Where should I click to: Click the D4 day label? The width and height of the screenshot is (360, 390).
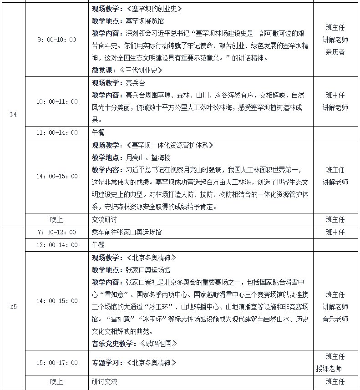[x=13, y=114]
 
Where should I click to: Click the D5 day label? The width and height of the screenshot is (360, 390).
[x=13, y=307]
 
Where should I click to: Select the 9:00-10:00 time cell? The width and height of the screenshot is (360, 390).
[x=56, y=40]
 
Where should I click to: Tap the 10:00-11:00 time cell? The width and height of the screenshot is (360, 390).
[x=56, y=101]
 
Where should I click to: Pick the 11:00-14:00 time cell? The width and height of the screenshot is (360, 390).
[x=56, y=132]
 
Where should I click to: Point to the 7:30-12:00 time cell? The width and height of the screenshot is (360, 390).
[x=56, y=232]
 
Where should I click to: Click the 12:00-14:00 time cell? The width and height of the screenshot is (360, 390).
[x=56, y=244]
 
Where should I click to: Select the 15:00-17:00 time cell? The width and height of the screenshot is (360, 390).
[x=56, y=363]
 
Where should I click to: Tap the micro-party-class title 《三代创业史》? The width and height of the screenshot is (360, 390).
[x=141, y=71]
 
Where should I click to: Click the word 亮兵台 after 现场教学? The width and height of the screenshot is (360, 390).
[x=135, y=83]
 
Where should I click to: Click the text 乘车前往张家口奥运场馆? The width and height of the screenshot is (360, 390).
[x=127, y=232]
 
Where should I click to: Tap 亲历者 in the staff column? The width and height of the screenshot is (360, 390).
[x=335, y=52]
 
